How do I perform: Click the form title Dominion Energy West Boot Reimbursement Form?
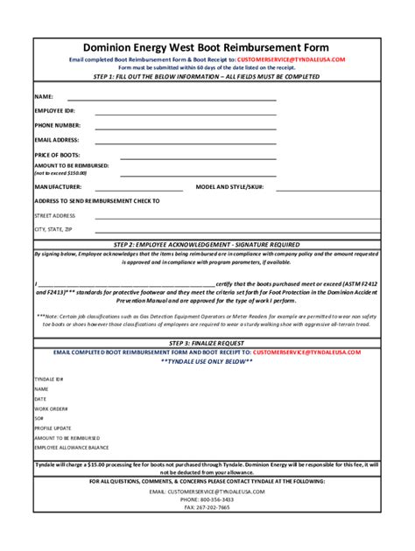(207, 47)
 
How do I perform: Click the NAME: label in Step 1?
(45, 95)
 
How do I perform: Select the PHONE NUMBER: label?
(59, 125)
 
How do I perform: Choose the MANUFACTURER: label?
(59, 187)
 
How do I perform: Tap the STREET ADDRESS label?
(55, 214)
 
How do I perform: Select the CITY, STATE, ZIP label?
(53, 228)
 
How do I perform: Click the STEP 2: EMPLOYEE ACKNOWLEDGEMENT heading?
(207, 244)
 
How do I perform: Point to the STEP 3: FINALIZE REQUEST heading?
(207, 342)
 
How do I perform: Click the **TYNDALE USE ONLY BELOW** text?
(207, 359)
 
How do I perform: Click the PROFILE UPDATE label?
(53, 428)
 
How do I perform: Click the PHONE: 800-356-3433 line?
(207, 499)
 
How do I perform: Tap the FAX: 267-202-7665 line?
(207, 507)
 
